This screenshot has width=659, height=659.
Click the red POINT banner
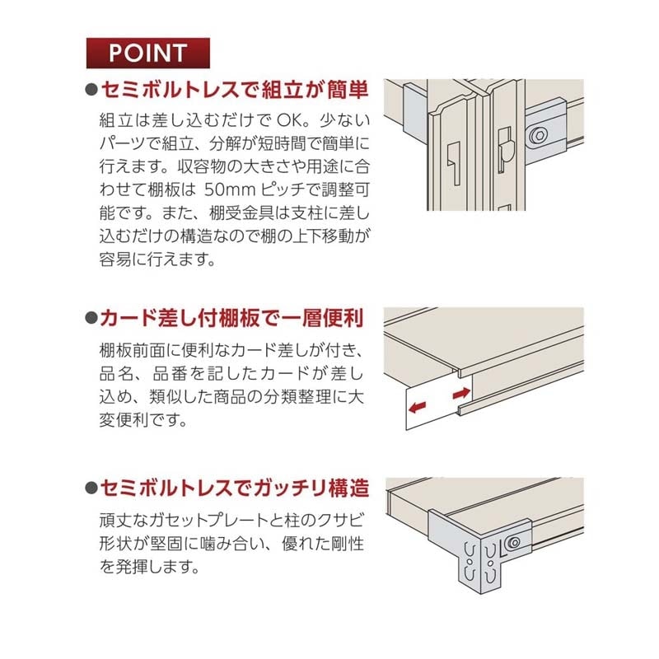tap(147, 54)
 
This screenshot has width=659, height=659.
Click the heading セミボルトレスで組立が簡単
tap(233, 88)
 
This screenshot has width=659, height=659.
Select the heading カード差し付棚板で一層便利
tap(233, 317)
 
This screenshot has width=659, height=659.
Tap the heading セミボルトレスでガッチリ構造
tap(233, 488)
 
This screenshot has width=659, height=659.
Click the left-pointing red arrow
tap(418, 406)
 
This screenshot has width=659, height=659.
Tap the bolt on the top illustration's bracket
tap(540, 133)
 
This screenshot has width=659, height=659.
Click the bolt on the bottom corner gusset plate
tap(515, 542)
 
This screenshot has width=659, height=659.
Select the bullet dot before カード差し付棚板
tap(91, 318)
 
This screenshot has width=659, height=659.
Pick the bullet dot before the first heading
tap(91, 89)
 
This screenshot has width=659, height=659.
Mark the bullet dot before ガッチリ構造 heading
tap(91, 488)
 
